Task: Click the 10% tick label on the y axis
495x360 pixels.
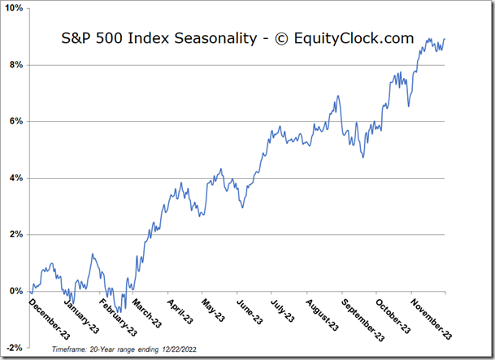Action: [15, 8]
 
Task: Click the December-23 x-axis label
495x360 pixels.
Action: [50, 319]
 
